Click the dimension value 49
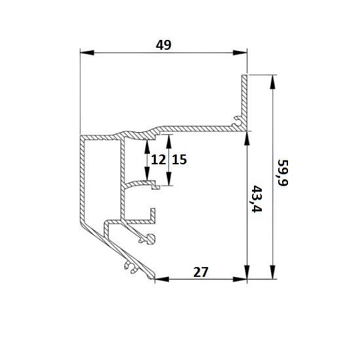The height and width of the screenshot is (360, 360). click(x=164, y=45)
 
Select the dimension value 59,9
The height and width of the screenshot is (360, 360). click(x=283, y=173)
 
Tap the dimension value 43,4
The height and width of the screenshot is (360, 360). click(x=257, y=199)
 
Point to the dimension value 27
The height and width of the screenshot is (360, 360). click(x=201, y=272)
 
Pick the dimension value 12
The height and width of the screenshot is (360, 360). click(x=158, y=160)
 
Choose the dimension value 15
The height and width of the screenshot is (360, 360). click(x=179, y=160)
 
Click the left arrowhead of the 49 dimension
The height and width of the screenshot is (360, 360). click(x=87, y=52)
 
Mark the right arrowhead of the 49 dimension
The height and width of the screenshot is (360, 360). click(x=240, y=52)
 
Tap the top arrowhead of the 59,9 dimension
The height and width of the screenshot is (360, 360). click(x=272, y=82)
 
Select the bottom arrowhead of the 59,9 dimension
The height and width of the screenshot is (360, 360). click(x=272, y=272)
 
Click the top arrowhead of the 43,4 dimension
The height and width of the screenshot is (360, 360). click(x=247, y=138)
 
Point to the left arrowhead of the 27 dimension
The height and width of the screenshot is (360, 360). click(x=162, y=279)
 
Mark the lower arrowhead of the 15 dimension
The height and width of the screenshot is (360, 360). click(x=169, y=179)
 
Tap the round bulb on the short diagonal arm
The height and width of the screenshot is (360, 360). click(x=151, y=239)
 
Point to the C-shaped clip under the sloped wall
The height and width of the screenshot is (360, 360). click(x=131, y=267)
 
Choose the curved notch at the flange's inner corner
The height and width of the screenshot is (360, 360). click(x=236, y=121)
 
